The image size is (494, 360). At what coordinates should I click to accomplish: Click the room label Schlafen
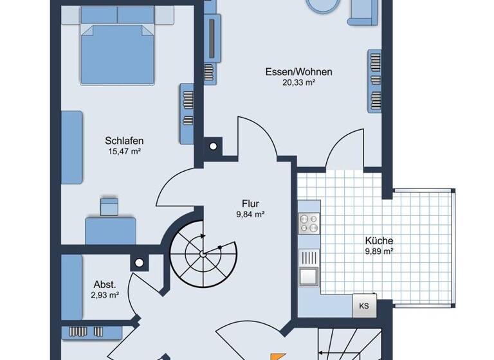coord(123,141)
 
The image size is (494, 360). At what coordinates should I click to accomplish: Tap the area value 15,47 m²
coord(123,152)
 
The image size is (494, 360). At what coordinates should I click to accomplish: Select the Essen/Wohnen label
coord(289,71)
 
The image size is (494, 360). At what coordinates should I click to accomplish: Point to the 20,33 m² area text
coord(289,82)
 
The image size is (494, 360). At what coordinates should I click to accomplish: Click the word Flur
coord(250,204)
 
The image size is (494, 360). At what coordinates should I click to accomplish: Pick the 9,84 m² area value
coord(250,215)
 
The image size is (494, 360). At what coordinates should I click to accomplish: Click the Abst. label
coord(104,284)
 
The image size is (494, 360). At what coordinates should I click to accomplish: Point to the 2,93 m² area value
coord(104,295)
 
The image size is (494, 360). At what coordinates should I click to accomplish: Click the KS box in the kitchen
coord(363,306)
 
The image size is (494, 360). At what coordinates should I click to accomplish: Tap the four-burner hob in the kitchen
coord(309,223)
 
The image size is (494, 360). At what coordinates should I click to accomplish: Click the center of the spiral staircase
coord(203,253)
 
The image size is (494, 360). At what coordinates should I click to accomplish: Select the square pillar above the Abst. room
coord(138,262)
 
